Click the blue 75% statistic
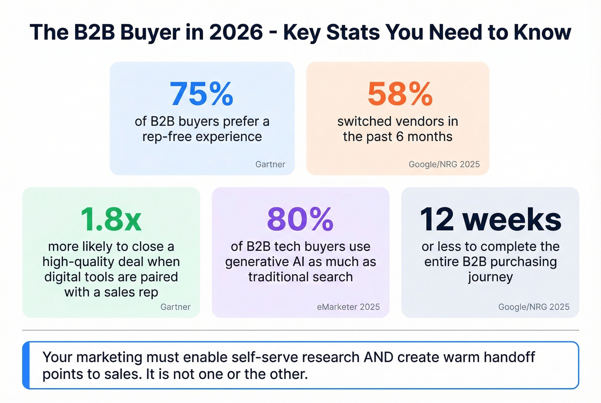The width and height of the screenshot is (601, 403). [x=201, y=94]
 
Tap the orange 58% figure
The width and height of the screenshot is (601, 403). [x=400, y=94]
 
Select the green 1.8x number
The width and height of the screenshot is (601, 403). [x=111, y=219]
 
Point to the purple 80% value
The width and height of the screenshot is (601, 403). [x=300, y=219]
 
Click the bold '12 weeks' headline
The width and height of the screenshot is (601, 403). [x=490, y=219]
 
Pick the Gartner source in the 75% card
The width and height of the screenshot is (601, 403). [x=270, y=164]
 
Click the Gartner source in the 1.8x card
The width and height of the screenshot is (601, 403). [x=175, y=307]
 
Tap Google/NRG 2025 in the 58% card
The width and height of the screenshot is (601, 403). [x=444, y=164]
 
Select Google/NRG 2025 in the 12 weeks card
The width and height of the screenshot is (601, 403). [x=534, y=307]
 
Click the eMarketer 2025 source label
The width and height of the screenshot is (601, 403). [x=348, y=307]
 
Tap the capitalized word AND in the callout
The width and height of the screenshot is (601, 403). [x=378, y=357]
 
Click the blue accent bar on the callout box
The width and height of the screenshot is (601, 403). [x=26, y=365]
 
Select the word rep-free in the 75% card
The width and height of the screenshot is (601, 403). [x=167, y=137]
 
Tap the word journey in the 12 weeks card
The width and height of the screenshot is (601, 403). [x=490, y=277]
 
